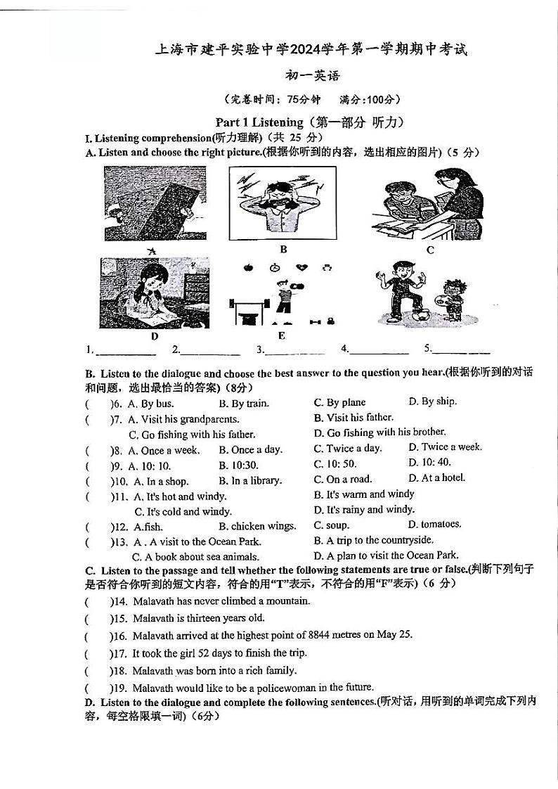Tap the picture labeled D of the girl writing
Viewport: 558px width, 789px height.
coord(155,293)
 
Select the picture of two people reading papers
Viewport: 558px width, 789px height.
coord(427,204)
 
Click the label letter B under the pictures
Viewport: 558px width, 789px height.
coord(283,249)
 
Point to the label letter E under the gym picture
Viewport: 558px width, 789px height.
coord(282,335)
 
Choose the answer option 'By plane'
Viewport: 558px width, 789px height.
coord(346,403)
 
